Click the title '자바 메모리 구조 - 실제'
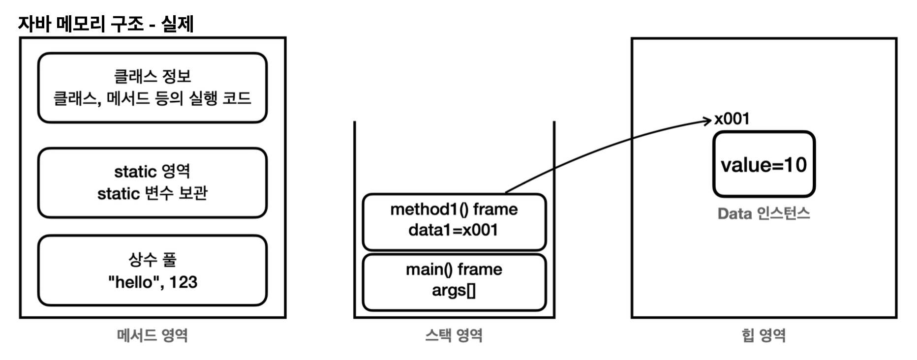click(106, 23)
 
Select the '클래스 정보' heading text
click(153, 76)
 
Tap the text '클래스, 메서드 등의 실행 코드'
click(153, 98)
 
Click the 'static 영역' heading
click(153, 171)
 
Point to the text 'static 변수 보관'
click(153, 193)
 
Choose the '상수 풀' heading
click(153, 259)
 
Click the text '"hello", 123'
click(153, 282)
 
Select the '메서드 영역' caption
click(153, 335)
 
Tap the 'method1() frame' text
click(454, 210)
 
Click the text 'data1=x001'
click(454, 230)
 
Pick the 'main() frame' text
click(454, 270)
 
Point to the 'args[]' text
click(454, 291)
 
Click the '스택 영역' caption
click(454, 335)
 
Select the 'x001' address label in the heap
click(732, 119)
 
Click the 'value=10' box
click(764, 165)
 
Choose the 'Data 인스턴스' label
click(764, 213)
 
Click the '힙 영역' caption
click(764, 335)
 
